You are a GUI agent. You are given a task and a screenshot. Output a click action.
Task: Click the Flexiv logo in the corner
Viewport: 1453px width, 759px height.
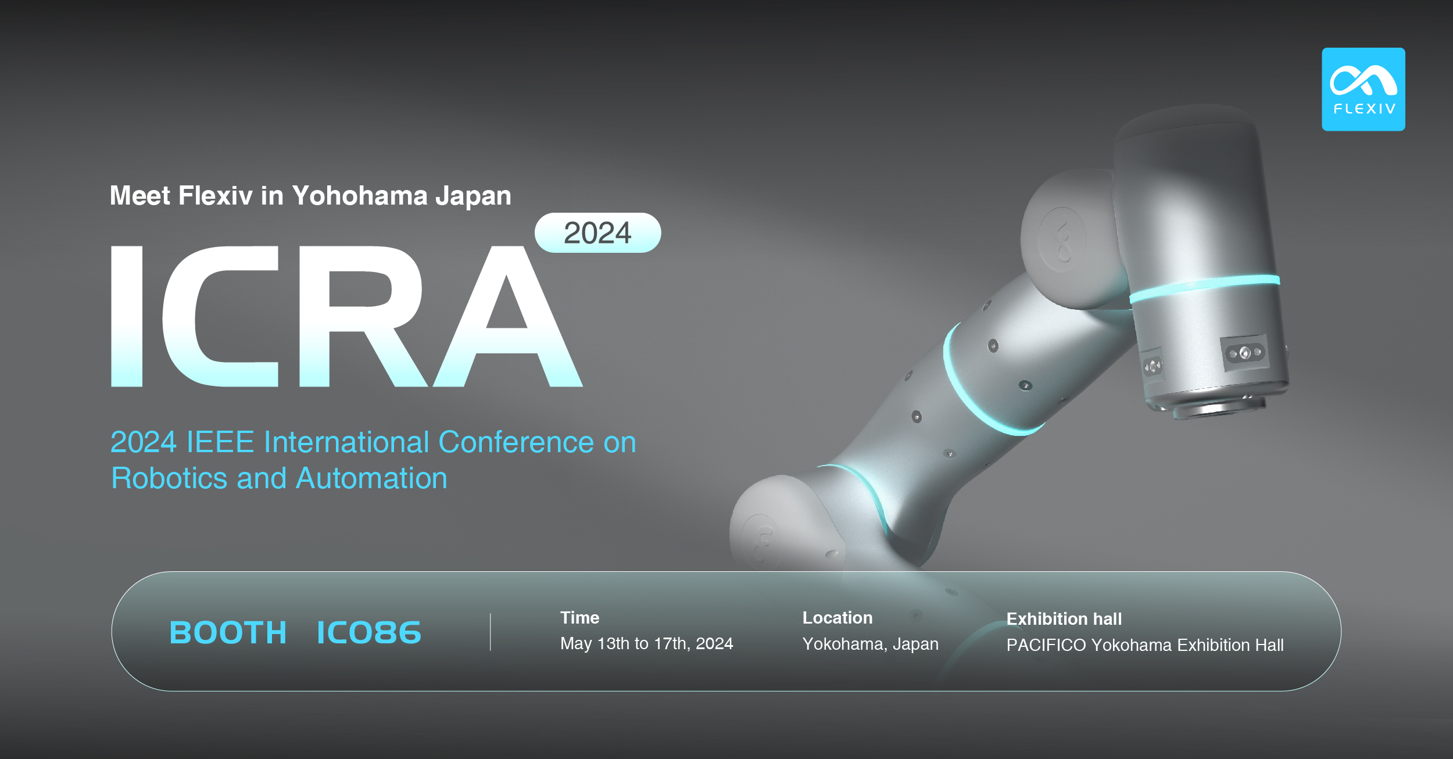pyautogui.click(x=1363, y=89)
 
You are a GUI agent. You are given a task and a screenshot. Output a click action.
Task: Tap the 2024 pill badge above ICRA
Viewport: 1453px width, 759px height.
pyautogui.click(x=597, y=233)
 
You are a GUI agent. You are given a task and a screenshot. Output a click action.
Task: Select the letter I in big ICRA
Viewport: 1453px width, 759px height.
pyautogui.click(x=127, y=316)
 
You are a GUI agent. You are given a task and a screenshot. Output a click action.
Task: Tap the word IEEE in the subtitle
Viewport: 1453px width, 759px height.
pyautogui.click(x=220, y=442)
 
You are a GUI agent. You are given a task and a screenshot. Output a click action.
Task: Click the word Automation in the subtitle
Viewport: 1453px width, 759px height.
pyautogui.click(x=371, y=478)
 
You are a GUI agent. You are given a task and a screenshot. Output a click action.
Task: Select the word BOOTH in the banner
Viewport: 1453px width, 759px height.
pyautogui.click(x=228, y=632)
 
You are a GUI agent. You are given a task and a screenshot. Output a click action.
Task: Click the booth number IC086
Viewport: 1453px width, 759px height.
pyautogui.click(x=369, y=632)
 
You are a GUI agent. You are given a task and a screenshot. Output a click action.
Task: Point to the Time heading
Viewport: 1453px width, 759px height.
pyautogui.click(x=579, y=618)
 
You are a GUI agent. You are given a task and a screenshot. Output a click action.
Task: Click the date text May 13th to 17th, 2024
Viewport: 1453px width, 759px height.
pyautogui.click(x=646, y=643)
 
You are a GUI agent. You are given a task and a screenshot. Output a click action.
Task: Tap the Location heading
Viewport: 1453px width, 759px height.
pyautogui.click(x=837, y=618)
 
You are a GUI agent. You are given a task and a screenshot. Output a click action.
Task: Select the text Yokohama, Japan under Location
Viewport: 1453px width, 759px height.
pyautogui.click(x=870, y=644)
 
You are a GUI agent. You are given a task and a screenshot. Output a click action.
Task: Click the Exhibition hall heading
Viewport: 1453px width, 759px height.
pyautogui.click(x=1064, y=619)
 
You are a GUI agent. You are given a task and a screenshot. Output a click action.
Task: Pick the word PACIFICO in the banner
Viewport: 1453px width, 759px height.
pyautogui.click(x=1046, y=645)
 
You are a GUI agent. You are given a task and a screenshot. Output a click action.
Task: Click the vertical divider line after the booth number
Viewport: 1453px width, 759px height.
pyautogui.click(x=491, y=632)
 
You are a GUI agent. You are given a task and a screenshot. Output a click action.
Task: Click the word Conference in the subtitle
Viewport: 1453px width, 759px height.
pyautogui.click(x=516, y=442)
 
